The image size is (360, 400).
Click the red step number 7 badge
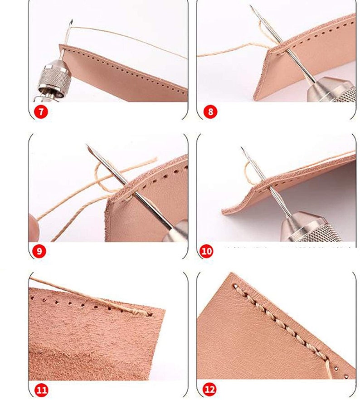coord(41,112)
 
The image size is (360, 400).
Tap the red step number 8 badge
coord(210,112)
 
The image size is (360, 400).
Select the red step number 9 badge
coord(39,251)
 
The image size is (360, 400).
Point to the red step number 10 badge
coord(206,251)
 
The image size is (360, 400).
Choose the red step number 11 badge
coord(41,390)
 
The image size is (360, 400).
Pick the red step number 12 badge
coord(209,390)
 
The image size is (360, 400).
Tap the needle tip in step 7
coord(72,20)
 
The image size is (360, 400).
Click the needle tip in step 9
coord(87,145)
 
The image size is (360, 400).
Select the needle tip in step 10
coord(242,148)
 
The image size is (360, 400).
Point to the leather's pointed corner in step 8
coord(269,51)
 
